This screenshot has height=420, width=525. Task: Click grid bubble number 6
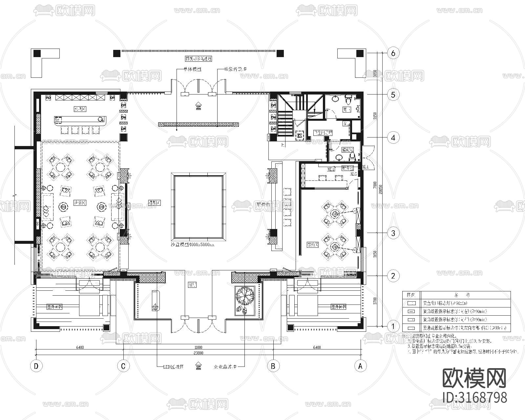coord(393,53)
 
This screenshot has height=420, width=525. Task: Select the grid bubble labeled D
coord(36,366)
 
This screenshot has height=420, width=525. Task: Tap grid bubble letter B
coord(273,366)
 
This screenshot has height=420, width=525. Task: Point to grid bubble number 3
coord(393,233)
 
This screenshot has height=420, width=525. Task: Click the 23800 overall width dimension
coord(198,353)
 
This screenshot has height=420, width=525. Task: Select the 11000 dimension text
coord(198,347)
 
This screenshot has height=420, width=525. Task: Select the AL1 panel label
coord(365,167)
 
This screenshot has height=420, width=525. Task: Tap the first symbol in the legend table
coord(411,304)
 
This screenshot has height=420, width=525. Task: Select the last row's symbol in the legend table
coord(411,327)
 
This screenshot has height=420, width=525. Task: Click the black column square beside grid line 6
coord(360,53)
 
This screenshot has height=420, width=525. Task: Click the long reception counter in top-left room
coord(81,120)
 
